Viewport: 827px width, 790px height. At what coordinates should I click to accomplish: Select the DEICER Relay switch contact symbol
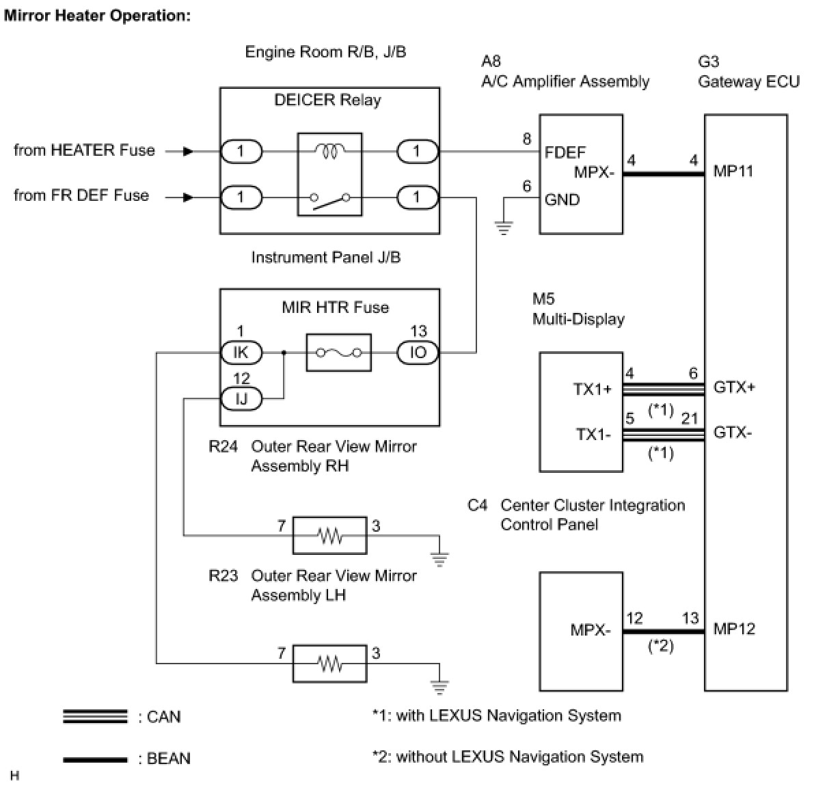tap(329, 199)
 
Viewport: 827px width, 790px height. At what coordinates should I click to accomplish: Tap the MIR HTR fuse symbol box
tap(339, 353)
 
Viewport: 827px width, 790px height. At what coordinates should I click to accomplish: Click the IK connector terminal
tap(241, 353)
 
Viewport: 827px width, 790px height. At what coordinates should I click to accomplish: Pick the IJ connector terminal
tap(241, 398)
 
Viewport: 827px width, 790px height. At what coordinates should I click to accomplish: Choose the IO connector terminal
tap(418, 353)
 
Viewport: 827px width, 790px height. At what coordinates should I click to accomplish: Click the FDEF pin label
tap(565, 152)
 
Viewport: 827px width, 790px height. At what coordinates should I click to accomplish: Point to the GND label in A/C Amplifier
tap(562, 200)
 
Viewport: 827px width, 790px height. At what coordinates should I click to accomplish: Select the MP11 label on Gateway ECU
tap(733, 171)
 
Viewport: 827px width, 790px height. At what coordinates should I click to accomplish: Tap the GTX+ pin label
tap(734, 387)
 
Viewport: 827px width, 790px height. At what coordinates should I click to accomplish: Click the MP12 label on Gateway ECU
tap(734, 629)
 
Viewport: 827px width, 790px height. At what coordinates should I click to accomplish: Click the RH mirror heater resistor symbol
tap(330, 535)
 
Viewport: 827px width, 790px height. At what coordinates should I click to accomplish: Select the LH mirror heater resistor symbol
tap(330, 663)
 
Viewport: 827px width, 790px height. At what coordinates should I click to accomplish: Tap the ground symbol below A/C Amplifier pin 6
tap(504, 228)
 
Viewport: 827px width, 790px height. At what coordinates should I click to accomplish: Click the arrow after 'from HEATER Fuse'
tap(188, 152)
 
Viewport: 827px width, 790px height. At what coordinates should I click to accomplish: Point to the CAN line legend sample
tap(95, 716)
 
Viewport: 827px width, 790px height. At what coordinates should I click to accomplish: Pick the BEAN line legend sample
tap(95, 759)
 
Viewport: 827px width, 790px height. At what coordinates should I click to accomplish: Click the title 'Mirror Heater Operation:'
tap(97, 16)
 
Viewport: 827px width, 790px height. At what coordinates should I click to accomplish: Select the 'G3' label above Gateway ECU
tap(708, 62)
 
